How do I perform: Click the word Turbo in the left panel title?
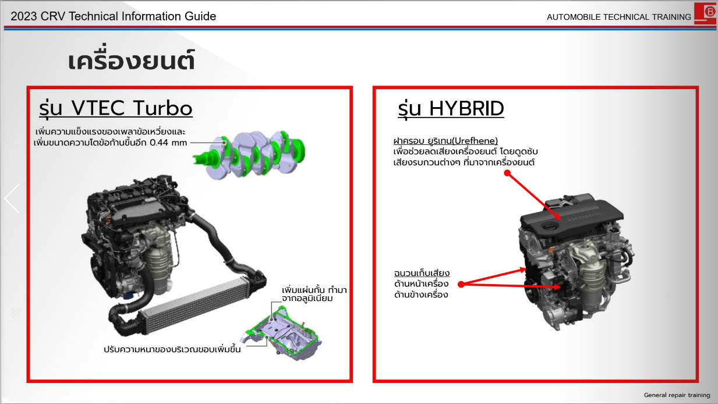pyautogui.click(x=162, y=108)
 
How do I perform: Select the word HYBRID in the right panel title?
pyautogui.click(x=466, y=109)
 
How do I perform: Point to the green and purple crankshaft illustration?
pyautogui.click(x=250, y=154)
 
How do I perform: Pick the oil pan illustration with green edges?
pyautogui.click(x=284, y=333)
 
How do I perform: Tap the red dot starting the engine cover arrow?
pyautogui.click(x=507, y=173)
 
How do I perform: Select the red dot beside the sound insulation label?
pyautogui.click(x=461, y=284)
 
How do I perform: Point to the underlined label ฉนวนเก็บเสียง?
pyautogui.click(x=422, y=273)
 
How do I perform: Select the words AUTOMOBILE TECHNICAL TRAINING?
pyautogui.click(x=618, y=17)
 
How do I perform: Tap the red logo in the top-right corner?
pyautogui.click(x=706, y=13)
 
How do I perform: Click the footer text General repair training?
pyautogui.click(x=677, y=395)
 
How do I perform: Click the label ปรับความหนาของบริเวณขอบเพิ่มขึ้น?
pyautogui.click(x=172, y=349)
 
